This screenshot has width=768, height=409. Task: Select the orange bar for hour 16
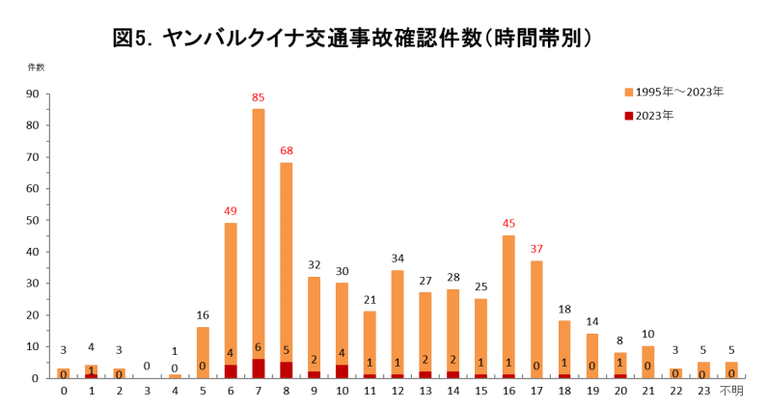(x=508, y=299)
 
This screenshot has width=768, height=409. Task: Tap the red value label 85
(x=259, y=97)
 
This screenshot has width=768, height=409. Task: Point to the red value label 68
(x=287, y=150)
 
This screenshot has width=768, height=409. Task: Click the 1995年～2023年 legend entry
(x=672, y=92)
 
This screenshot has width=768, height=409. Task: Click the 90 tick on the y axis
(x=32, y=94)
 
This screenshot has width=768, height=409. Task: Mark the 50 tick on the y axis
(x=32, y=220)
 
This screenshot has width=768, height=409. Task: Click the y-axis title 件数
(x=36, y=67)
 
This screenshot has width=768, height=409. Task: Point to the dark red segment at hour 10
(x=342, y=371)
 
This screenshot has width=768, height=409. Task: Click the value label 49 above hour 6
(x=231, y=210)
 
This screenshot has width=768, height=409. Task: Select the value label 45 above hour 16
(x=508, y=224)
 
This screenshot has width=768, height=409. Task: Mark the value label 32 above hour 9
(x=315, y=264)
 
